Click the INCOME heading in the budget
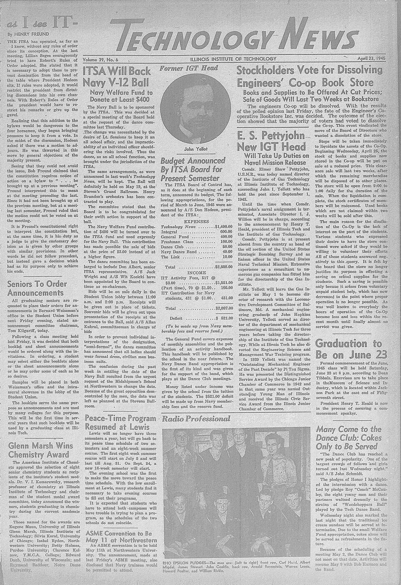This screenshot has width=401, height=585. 196,273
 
